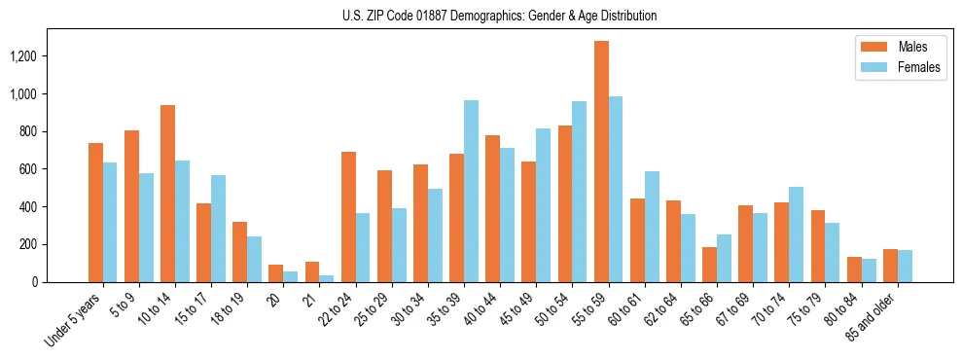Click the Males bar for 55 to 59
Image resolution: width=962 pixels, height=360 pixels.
(x=601, y=162)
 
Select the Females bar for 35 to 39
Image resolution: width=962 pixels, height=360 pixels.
(x=471, y=191)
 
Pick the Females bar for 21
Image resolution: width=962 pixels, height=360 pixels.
(x=327, y=278)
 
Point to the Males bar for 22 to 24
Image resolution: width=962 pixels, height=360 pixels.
(x=348, y=217)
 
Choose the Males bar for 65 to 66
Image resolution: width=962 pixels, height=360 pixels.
(x=709, y=265)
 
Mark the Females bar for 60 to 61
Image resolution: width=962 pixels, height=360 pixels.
(x=652, y=227)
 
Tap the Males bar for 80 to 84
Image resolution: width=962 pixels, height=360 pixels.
(x=853, y=270)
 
